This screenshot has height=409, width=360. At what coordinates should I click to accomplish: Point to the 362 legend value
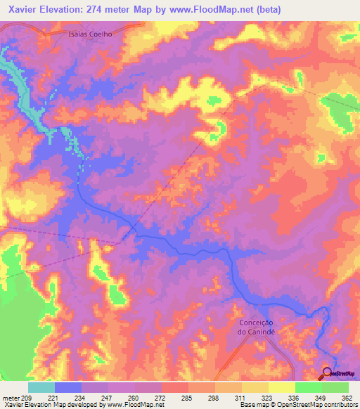347,397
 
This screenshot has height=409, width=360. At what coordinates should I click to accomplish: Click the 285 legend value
188,397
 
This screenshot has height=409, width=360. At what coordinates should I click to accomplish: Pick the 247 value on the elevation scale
108,397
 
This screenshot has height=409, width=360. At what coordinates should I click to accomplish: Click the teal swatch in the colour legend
41,387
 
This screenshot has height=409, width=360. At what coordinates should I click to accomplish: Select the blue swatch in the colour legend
68,387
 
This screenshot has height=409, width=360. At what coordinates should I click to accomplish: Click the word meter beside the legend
11,397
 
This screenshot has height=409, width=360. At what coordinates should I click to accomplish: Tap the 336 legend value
295,397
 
